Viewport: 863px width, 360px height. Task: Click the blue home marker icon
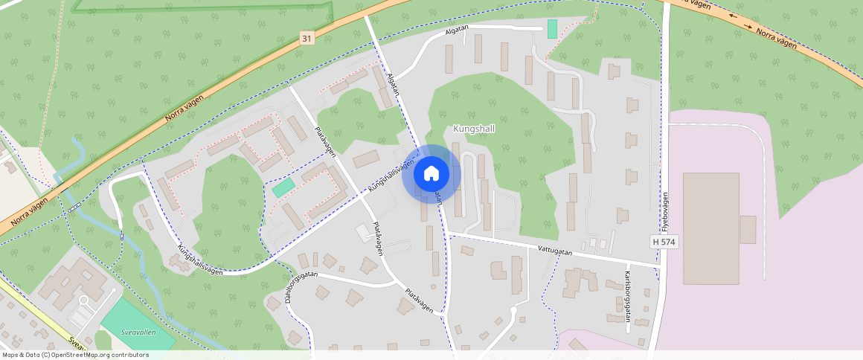click(431, 174)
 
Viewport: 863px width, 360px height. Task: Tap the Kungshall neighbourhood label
click(474, 129)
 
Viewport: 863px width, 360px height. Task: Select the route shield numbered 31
click(307, 37)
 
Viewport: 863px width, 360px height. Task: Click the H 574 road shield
click(664, 242)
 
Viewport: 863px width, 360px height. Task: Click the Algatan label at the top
click(457, 29)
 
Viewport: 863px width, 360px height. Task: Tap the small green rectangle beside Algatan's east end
click(552, 29)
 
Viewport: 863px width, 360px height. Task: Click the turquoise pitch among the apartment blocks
click(283, 187)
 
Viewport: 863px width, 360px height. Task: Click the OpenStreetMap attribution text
click(74, 355)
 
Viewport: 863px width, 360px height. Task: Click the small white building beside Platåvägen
click(363, 232)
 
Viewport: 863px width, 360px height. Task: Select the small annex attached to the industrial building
click(748, 229)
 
